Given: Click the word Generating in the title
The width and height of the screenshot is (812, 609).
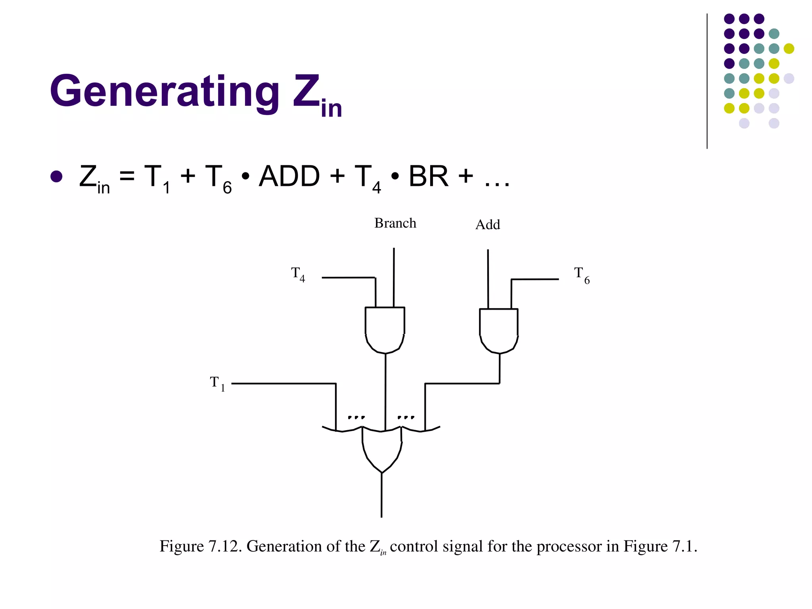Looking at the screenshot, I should (165, 92).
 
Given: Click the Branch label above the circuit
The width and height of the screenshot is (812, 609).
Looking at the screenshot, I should (395, 223).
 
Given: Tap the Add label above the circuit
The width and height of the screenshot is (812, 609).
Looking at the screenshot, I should (488, 225).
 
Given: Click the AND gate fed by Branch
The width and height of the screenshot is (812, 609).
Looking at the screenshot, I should (385, 329).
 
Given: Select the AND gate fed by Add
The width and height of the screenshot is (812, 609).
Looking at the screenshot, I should (499, 330).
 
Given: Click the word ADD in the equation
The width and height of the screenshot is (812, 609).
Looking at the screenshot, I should (289, 176).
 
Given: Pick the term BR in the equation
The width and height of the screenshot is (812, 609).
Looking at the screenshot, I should (429, 176).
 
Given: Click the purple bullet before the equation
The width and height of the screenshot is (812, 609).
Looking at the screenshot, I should (57, 177).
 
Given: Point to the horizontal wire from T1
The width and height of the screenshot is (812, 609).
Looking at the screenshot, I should (283, 383).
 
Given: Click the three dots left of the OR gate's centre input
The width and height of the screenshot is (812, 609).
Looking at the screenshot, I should (356, 417).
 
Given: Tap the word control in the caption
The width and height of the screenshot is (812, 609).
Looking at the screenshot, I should (414, 546).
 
